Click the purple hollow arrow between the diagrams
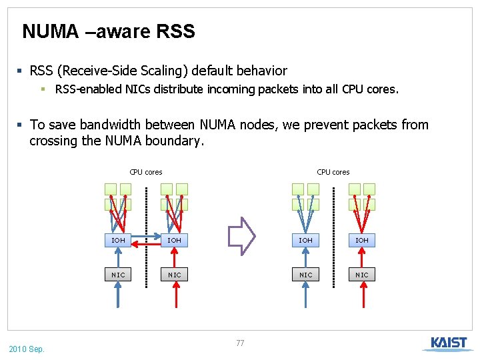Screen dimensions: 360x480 242,236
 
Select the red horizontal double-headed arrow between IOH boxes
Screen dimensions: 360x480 146,245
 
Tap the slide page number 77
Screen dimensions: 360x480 240,343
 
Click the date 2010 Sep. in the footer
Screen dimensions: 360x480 27,349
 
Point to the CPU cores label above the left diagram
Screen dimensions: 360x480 146,172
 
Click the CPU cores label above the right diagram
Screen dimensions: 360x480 333,172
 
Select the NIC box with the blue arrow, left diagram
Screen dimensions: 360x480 118,275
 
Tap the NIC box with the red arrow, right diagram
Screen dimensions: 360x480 361,275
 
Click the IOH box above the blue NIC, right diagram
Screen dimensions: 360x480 305,239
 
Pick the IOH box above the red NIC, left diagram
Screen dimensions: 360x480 174,239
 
